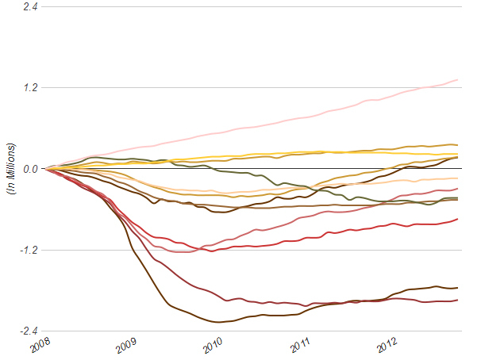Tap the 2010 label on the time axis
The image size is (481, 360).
pyautogui.click(x=214, y=347)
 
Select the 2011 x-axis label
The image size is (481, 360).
pyautogui.click(x=301, y=347)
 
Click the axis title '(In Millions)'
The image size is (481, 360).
pyautogui.click(x=11, y=169)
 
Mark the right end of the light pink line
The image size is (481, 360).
pyautogui.click(x=459, y=79)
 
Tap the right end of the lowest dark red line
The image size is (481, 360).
pyautogui.click(x=459, y=300)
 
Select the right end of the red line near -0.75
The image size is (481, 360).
pyautogui.click(x=459, y=219)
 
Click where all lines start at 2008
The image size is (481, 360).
pyautogui.click(x=47, y=169)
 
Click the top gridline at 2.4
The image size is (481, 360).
pyautogui.click(x=254, y=6)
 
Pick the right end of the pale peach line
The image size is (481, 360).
pyautogui.click(x=459, y=178)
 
